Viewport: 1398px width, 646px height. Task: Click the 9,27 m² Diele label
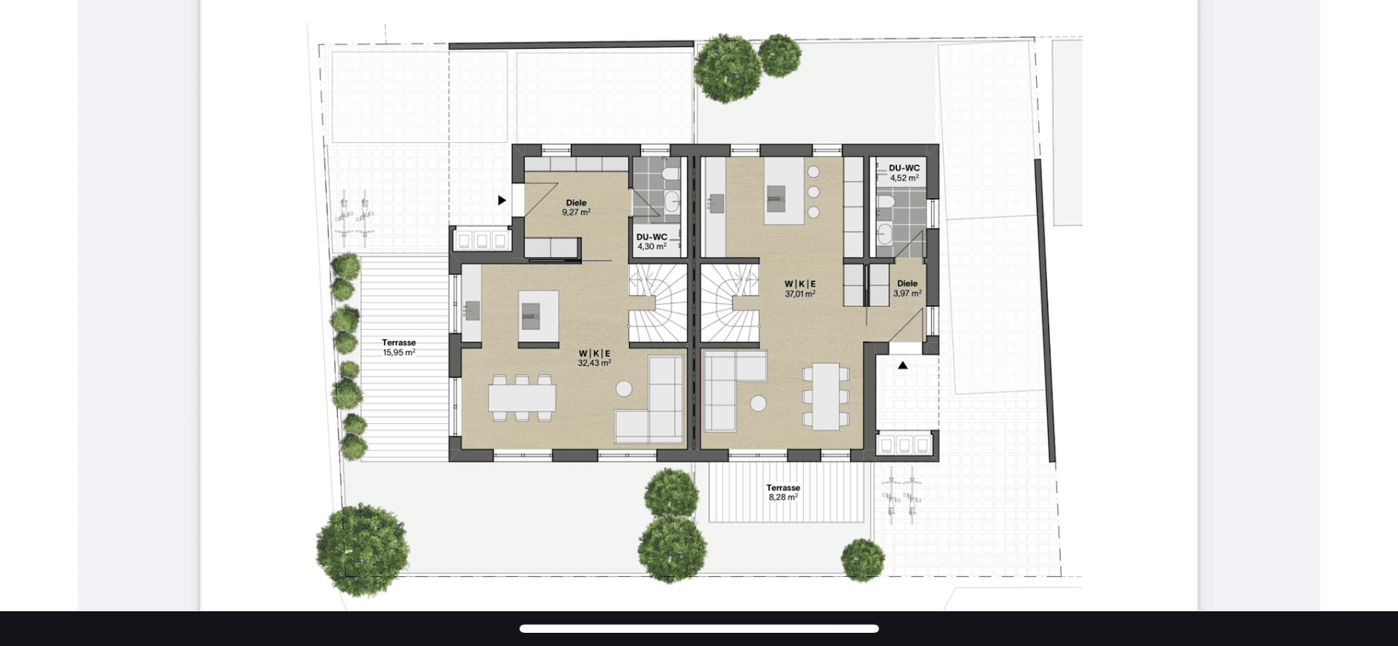pyautogui.click(x=576, y=207)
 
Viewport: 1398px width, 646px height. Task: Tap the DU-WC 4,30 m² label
pyautogui.click(x=652, y=241)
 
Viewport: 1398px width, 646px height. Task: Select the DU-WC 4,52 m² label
pyautogui.click(x=904, y=172)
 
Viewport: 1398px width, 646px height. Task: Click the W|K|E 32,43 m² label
pyautogui.click(x=594, y=358)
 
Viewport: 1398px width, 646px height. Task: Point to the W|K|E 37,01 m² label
pyautogui.click(x=800, y=289)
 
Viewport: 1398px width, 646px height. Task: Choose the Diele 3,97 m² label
pyautogui.click(x=907, y=288)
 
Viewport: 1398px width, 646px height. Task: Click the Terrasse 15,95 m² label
pyautogui.click(x=398, y=347)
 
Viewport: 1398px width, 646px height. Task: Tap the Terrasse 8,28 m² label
pyautogui.click(x=783, y=492)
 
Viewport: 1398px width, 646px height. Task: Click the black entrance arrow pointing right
pyautogui.click(x=502, y=200)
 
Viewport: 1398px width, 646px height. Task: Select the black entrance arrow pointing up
pyautogui.click(x=902, y=365)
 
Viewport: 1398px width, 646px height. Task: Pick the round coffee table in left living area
pyautogui.click(x=624, y=388)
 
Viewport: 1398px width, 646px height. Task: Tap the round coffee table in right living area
pyautogui.click(x=758, y=403)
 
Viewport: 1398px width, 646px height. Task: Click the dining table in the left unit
pyautogui.click(x=522, y=398)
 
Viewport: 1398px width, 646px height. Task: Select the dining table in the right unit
pyautogui.click(x=826, y=396)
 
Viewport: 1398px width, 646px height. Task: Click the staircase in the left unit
pyautogui.click(x=659, y=304)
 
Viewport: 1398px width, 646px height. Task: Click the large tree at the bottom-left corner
pyautogui.click(x=362, y=549)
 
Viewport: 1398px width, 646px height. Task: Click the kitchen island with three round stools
pyautogui.click(x=784, y=192)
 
